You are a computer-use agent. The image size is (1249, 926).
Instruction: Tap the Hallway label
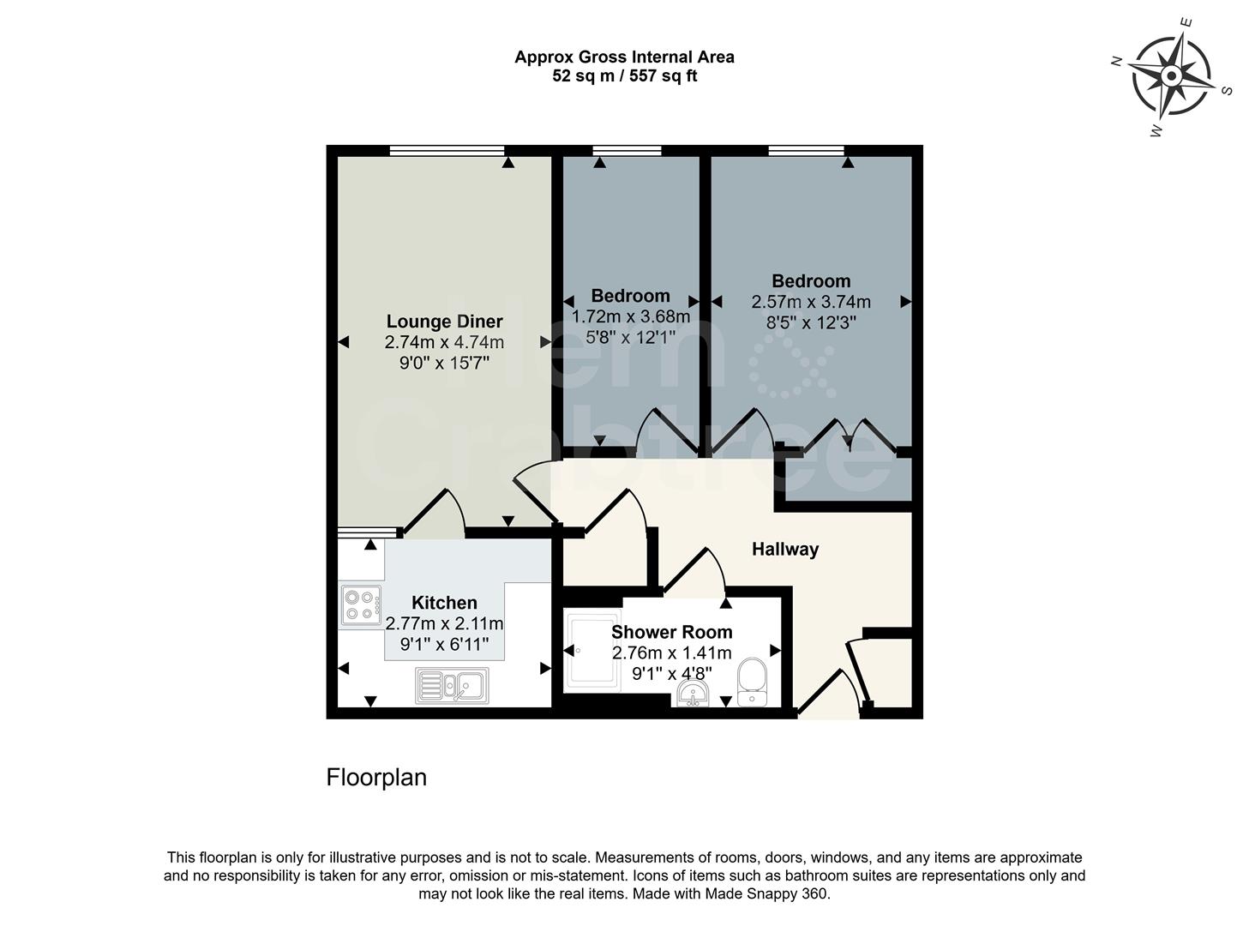coord(784,550)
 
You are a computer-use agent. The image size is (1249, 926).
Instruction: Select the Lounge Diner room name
coord(444,322)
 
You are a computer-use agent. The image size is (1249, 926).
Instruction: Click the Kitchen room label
coord(444,603)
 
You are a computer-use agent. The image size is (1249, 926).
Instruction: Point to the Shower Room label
coord(671,632)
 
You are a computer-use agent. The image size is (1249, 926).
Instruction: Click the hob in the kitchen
coord(361,604)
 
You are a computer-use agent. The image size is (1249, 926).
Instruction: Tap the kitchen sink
coord(452,685)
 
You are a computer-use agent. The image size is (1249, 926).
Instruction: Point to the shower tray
coord(591,651)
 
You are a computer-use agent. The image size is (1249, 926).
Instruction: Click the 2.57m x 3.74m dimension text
coord(811,302)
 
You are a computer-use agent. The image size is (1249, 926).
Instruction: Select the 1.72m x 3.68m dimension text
coord(630,316)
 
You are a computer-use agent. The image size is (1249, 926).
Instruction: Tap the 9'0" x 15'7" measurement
coord(444,363)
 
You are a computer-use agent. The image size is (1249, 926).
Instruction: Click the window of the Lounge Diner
coord(446,151)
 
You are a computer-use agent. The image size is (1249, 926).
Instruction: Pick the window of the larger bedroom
coord(806,151)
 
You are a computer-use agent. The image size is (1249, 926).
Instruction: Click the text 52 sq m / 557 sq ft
coord(624,76)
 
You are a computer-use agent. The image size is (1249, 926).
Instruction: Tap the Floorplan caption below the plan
coord(376,778)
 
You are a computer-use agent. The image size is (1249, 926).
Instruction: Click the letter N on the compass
coord(1116,61)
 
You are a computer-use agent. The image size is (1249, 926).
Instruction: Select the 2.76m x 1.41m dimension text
coord(671,652)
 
